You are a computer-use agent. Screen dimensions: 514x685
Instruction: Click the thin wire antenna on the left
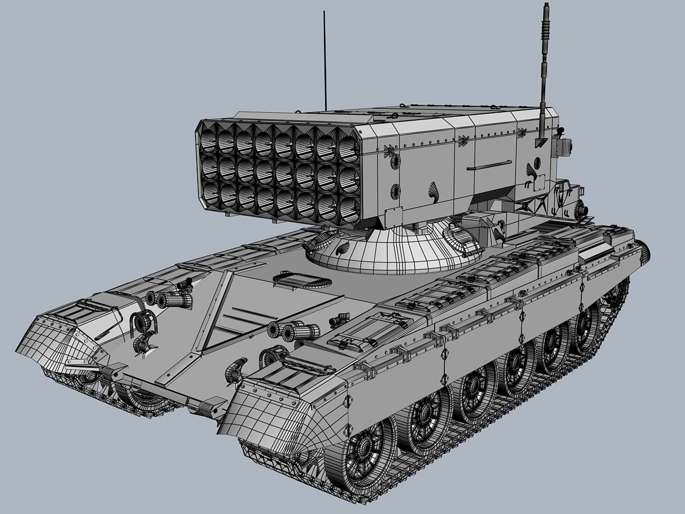[x=324, y=62]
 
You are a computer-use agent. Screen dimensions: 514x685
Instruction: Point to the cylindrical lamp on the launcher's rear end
[x=579, y=208]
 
